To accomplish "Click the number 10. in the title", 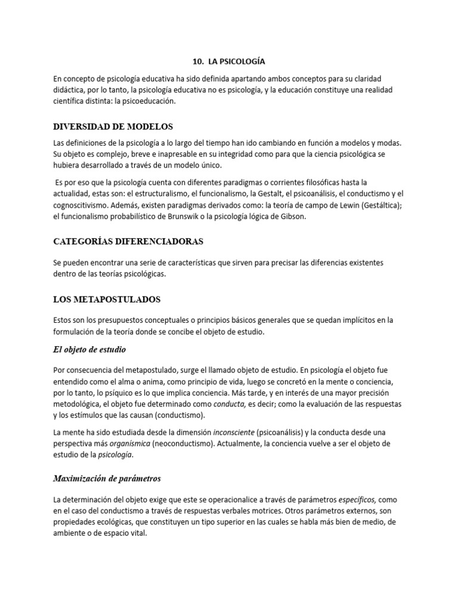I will [199, 61].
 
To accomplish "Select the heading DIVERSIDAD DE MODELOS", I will [113, 126].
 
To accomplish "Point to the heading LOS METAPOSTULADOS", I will [107, 299].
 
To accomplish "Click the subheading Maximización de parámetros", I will [107, 478].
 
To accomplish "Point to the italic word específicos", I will [356, 500].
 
